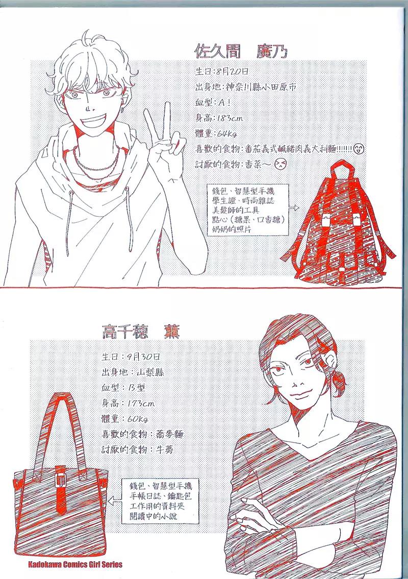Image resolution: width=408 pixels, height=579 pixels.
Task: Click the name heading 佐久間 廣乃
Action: [x=241, y=51]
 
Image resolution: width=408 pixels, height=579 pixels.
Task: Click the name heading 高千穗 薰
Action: [x=141, y=331]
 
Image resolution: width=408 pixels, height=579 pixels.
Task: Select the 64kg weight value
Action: [x=226, y=134]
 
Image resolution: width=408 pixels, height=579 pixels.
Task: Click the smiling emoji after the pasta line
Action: [x=359, y=149]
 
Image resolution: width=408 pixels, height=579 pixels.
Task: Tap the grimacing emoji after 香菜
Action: [x=280, y=164]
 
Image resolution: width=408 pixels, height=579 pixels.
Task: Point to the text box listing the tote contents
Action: [x=160, y=501]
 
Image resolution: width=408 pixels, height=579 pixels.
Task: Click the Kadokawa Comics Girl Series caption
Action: [x=75, y=564]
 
